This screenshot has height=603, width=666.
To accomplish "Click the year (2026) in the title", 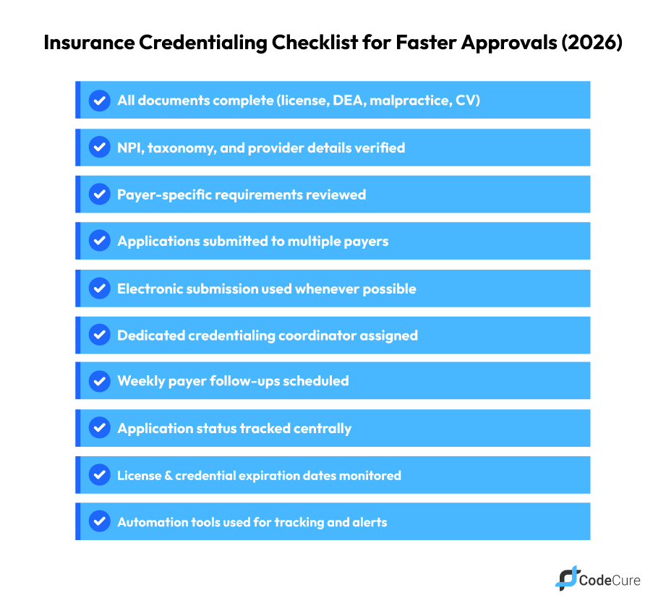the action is click(x=592, y=43).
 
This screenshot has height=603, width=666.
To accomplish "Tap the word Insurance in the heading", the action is click(x=89, y=43).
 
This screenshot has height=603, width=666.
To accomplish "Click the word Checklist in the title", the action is click(x=315, y=43).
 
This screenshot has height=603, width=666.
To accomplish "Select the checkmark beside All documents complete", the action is click(x=100, y=100).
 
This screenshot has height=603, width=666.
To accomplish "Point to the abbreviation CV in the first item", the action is click(x=468, y=100).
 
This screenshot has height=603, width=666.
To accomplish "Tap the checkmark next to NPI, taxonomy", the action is click(x=100, y=147).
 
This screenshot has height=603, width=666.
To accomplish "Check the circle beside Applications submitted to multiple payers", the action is click(x=100, y=240).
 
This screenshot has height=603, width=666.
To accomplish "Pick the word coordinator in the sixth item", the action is click(x=317, y=335).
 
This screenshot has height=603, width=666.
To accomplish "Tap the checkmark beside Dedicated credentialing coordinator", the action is click(x=100, y=334).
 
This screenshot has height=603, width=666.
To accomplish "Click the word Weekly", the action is click(x=142, y=381).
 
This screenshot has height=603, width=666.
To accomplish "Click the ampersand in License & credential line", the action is click(x=168, y=476).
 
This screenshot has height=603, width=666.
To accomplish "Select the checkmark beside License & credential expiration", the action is click(x=100, y=474).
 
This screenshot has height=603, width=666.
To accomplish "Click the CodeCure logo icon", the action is click(x=567, y=578).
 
